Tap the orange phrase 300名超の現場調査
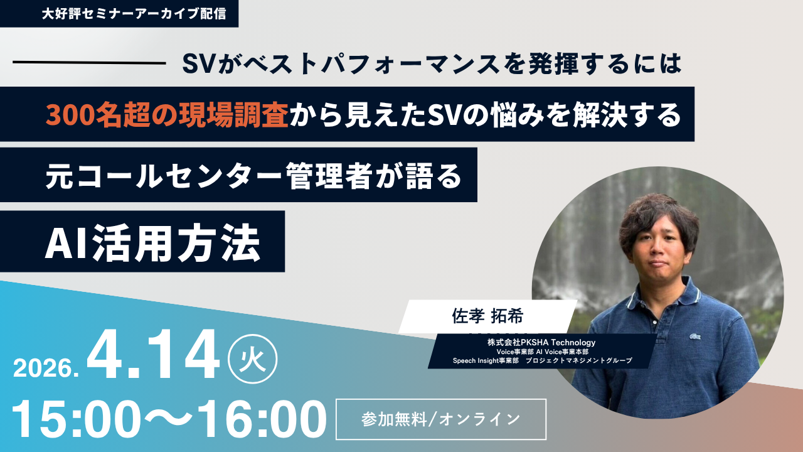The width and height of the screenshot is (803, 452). coord(167,114)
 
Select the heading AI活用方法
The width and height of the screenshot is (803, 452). coord(152,242)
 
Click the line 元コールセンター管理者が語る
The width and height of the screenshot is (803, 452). coord(253,178)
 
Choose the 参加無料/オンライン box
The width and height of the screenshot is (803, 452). coord(441,419)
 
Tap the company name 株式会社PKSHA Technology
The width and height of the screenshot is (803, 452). coord(541,342)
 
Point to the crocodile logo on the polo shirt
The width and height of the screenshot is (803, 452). coord(694,336)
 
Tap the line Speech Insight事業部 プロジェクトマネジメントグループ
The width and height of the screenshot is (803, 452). coord(542,361)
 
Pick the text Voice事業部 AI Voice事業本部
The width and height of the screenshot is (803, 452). coord(541,352)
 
